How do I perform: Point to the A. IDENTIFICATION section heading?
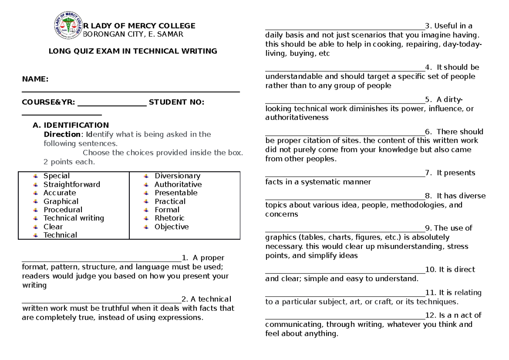click(71, 125)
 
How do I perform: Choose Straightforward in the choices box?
click(72, 185)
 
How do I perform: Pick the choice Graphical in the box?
click(61, 202)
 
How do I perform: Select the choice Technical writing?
click(73, 218)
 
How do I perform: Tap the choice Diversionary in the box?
click(177, 176)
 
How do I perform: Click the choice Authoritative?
click(178, 185)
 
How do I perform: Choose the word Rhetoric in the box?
click(169, 218)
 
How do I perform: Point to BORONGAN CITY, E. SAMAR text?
click(132, 35)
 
